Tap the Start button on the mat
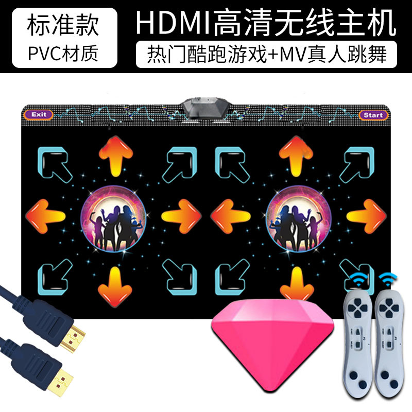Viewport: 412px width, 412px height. (x=372, y=115)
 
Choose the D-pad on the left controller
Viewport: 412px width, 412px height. (x=355, y=311)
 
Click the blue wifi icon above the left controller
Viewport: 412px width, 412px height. (x=356, y=281)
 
